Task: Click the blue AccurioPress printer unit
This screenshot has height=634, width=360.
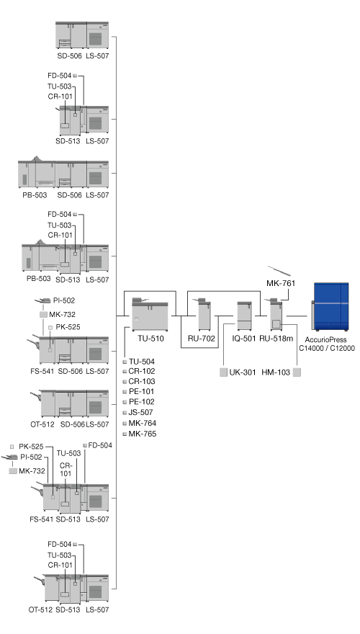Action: (x=330, y=306)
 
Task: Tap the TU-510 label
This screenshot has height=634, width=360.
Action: (x=150, y=339)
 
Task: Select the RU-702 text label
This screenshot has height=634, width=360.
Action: (x=201, y=339)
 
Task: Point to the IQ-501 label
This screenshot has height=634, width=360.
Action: (x=244, y=339)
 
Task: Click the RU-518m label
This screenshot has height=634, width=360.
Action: (x=276, y=339)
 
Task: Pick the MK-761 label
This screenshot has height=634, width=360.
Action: (x=281, y=283)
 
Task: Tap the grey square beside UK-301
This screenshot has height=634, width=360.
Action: (x=223, y=372)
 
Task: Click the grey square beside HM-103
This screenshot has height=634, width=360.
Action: (x=297, y=372)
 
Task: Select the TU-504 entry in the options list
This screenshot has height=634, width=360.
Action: (x=141, y=362)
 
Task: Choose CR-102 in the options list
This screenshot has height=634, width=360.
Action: (x=142, y=371)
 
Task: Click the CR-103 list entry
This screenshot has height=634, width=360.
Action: (x=142, y=381)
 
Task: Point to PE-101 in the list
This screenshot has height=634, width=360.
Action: (x=141, y=391)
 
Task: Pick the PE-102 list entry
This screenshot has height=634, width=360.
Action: (x=141, y=401)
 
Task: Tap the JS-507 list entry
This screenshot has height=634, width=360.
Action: (x=140, y=412)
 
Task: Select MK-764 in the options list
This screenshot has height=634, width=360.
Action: (x=143, y=423)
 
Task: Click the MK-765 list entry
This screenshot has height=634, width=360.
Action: (x=143, y=434)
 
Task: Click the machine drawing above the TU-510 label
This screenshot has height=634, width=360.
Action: (x=150, y=315)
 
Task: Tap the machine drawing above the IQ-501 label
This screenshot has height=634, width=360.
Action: (x=245, y=316)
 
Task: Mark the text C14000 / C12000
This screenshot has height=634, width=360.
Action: (x=327, y=348)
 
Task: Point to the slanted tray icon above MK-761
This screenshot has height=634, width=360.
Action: (x=279, y=271)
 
